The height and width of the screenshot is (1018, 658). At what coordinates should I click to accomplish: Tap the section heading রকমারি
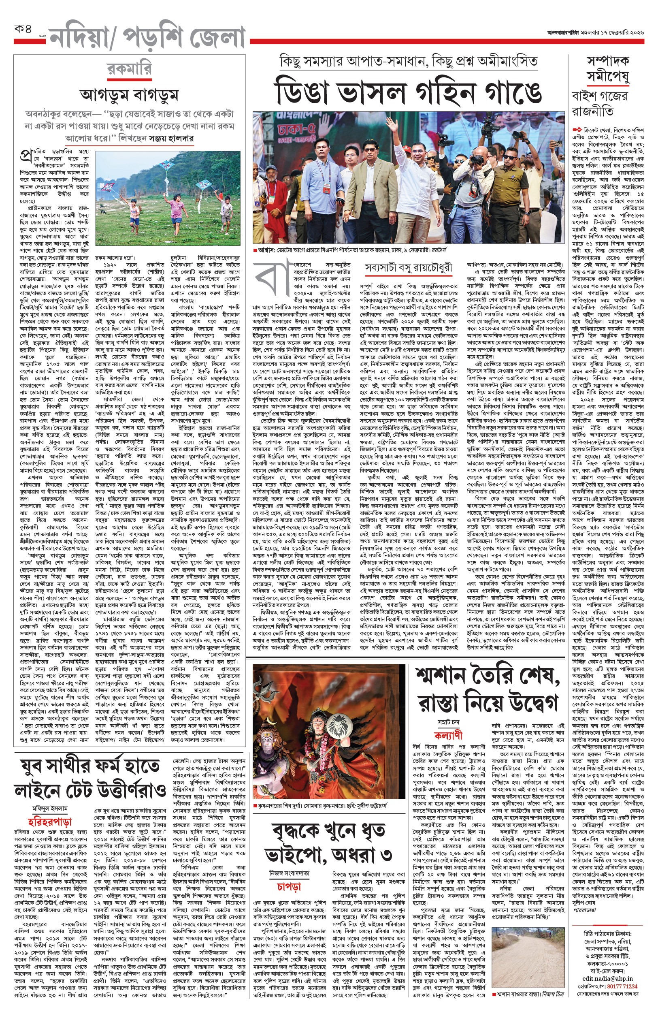tap(129, 69)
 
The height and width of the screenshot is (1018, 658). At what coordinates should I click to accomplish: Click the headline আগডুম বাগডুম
tap(129, 95)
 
